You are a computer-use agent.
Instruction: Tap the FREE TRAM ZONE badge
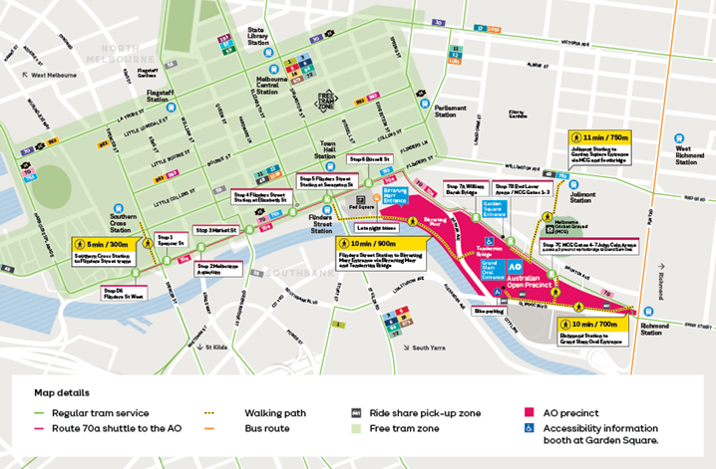[326, 101]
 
